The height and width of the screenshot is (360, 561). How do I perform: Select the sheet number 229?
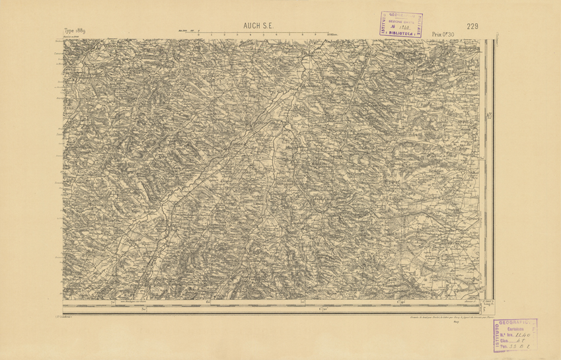(472, 26)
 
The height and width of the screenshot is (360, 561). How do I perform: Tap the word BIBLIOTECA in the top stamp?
(402, 31)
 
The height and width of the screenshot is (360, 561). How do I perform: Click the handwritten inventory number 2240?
(523, 336)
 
